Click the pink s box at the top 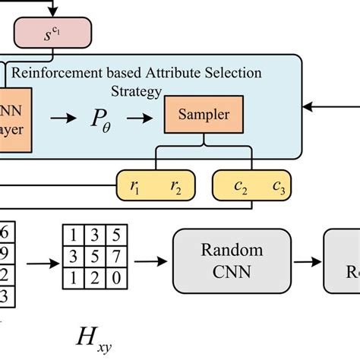(52, 33)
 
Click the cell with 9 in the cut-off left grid (6, 253)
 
